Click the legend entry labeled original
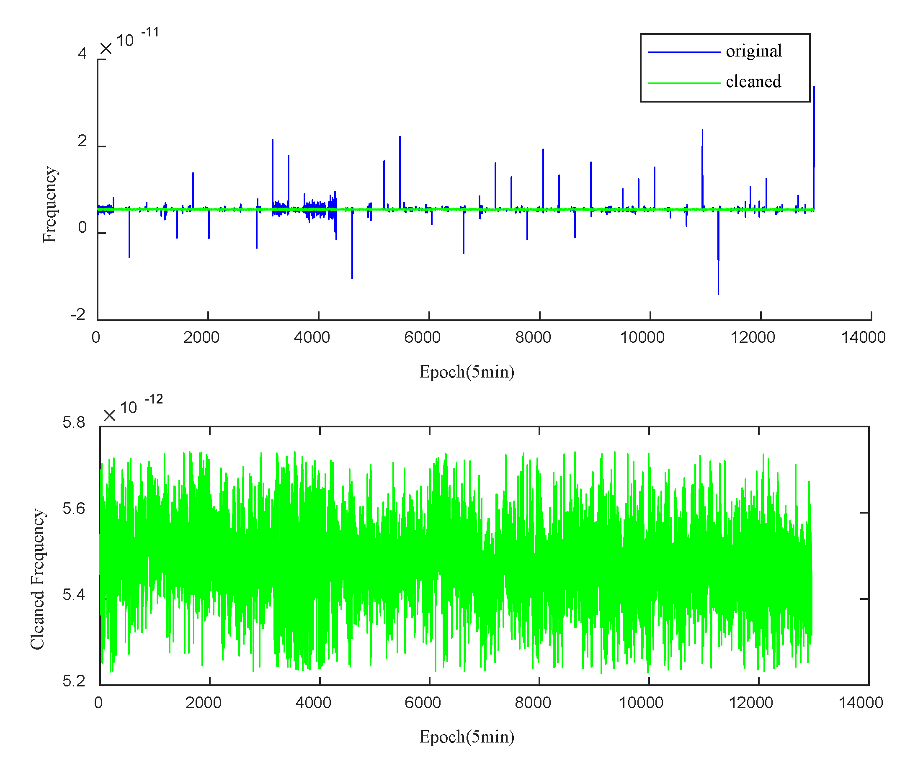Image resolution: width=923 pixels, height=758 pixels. tap(753, 51)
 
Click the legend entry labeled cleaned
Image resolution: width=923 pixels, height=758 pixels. tap(753, 82)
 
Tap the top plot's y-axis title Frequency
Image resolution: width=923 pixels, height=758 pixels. tap(50, 204)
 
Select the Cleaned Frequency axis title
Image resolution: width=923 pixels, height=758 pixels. tap(38, 579)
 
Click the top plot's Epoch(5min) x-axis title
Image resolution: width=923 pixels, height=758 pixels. tap(467, 372)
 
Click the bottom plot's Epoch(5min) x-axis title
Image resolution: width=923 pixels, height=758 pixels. tap(467, 737)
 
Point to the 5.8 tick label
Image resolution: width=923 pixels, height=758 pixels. tap(74, 422)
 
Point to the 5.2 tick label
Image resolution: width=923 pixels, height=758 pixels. tap(74, 681)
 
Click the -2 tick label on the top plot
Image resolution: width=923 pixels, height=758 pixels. tap(79, 314)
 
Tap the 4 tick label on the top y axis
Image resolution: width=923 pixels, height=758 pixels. tap(82, 54)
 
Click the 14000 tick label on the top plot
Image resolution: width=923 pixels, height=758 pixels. tap(863, 337)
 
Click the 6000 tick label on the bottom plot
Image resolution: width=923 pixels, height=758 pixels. tap(423, 703)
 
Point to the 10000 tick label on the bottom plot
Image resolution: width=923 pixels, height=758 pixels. tap(641, 703)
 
